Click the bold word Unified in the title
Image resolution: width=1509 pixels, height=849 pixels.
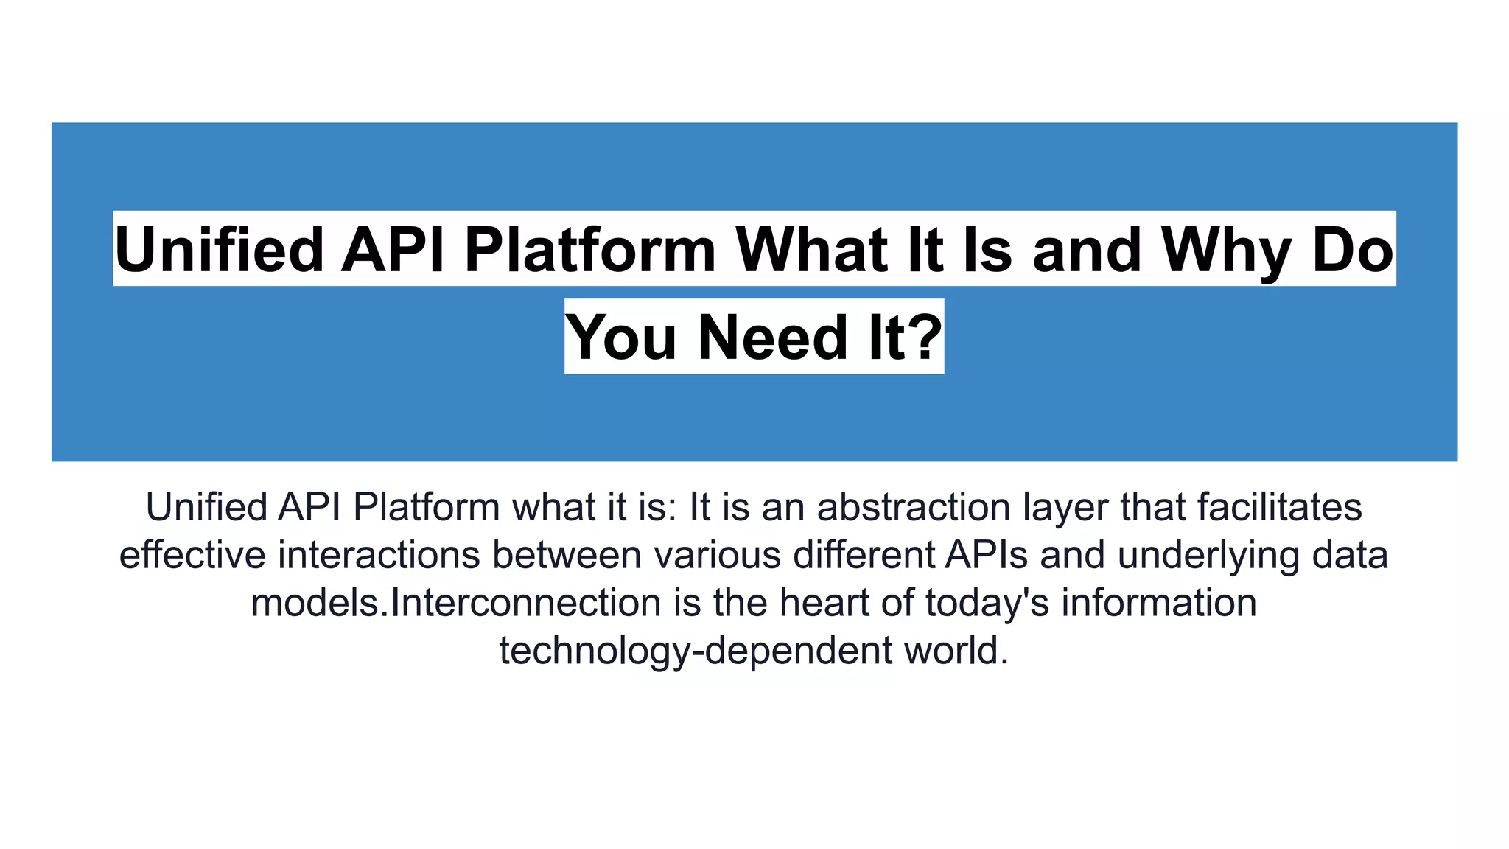(x=219, y=249)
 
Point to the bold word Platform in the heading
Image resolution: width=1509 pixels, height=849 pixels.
(x=590, y=249)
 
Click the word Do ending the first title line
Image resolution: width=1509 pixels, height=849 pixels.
(x=1353, y=249)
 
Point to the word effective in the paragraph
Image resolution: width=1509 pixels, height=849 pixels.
(x=192, y=555)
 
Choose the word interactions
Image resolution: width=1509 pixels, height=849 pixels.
(x=379, y=555)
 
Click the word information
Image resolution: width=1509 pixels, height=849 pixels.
(x=1158, y=603)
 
